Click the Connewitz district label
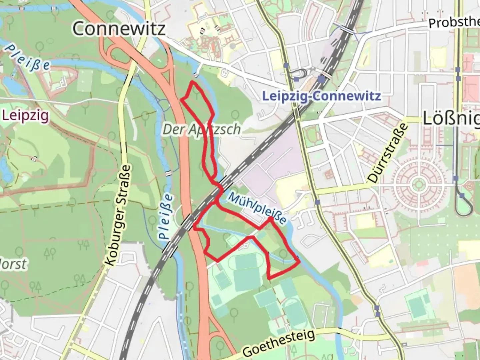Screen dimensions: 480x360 119,28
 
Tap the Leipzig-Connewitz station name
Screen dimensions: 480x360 321,96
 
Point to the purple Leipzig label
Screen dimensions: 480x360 25,116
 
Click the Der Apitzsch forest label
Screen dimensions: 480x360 201,129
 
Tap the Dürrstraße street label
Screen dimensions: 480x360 388,153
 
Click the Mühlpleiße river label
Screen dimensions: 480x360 257,208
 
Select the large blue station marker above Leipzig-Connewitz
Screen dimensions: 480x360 322,79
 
